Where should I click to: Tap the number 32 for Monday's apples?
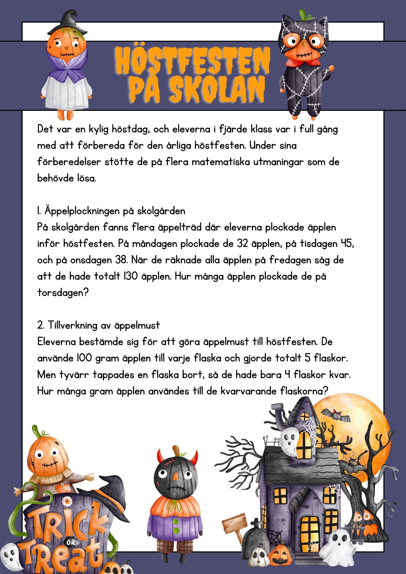coord(243,244)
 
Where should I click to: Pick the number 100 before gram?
coord(84,358)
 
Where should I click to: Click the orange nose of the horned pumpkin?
coord(175,477)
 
